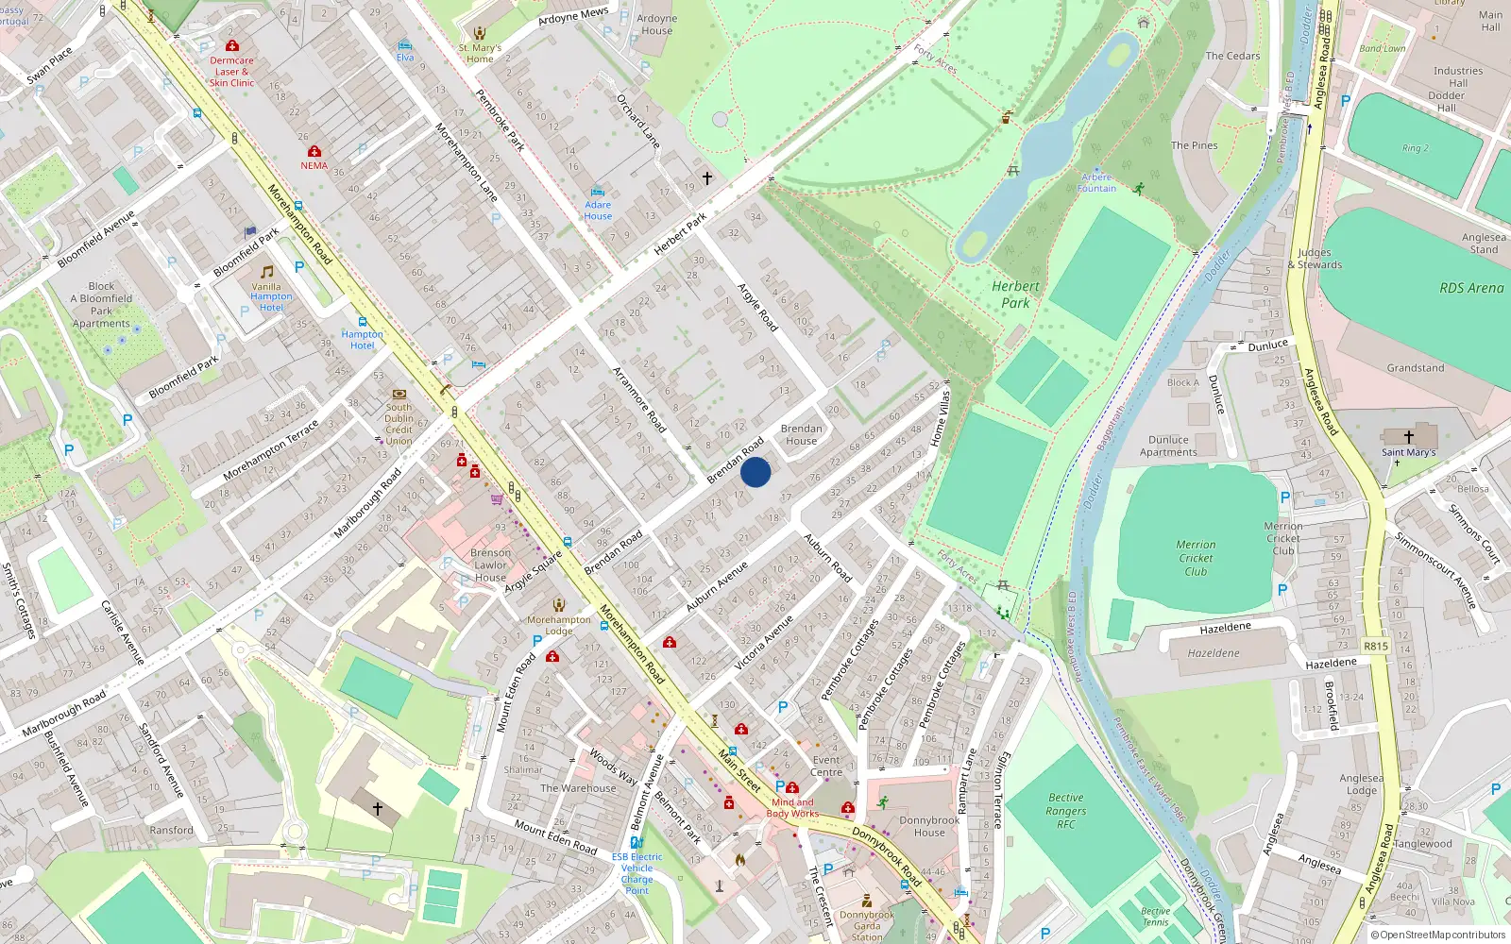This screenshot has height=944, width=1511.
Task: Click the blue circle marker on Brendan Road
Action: [x=755, y=472]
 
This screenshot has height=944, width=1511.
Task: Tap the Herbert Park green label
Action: [x=1015, y=295]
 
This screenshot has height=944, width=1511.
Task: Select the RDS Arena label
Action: [x=1470, y=288]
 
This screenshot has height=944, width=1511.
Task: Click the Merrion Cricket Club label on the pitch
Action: [x=1196, y=558]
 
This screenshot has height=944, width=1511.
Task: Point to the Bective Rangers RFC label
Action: [x=1065, y=811]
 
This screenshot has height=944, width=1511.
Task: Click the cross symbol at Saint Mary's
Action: [x=1408, y=437]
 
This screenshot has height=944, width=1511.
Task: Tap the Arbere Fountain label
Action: [x=1096, y=183]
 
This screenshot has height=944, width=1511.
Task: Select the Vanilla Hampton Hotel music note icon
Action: [x=267, y=272]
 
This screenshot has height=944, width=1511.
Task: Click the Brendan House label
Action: [x=801, y=434]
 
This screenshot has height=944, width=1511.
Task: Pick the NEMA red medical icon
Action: [x=314, y=151]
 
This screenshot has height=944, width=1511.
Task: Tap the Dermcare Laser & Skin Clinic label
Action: [x=231, y=72]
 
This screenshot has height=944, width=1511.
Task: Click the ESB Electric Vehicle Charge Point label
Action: [x=637, y=873]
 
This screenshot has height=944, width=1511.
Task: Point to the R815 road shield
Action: [x=1375, y=647]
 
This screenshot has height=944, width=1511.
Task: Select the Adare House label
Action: [x=598, y=211]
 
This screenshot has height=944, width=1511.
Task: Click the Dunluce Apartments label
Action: [x=1168, y=446]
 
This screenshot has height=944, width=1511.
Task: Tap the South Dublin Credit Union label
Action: [x=399, y=424]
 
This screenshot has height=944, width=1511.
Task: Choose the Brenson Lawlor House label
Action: [x=490, y=565]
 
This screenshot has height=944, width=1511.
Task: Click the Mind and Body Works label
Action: [x=792, y=808]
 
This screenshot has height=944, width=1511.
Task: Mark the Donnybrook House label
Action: [x=929, y=826]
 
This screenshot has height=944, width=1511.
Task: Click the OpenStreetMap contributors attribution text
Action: [x=1437, y=936]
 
